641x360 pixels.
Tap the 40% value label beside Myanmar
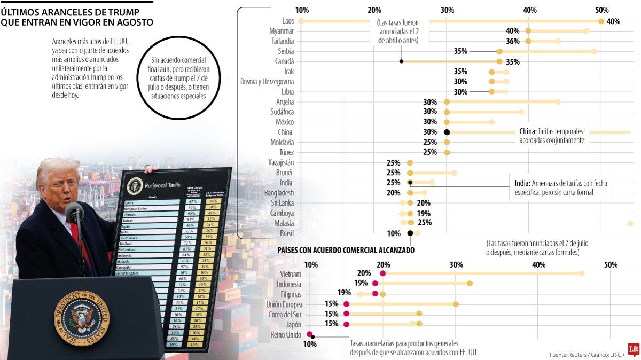pos(512,31)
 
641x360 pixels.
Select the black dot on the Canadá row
pos(401,61)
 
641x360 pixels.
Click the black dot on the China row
pos(447,132)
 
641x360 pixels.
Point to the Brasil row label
pos(286,233)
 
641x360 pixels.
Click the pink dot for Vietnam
pos(382,273)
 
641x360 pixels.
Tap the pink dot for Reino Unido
pos(309,334)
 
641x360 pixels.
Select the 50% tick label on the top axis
pos(601,10)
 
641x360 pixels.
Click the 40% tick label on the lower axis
pos(538,264)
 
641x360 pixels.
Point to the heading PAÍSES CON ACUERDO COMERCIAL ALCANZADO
pos(346,250)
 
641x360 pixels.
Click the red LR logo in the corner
pos(634,350)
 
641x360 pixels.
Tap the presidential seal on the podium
pos(81,318)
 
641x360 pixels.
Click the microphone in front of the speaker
pos(74,212)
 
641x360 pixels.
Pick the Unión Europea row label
pos(284,304)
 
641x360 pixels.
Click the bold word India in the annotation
pos(522,183)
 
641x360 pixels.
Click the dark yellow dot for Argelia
pos(447,102)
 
